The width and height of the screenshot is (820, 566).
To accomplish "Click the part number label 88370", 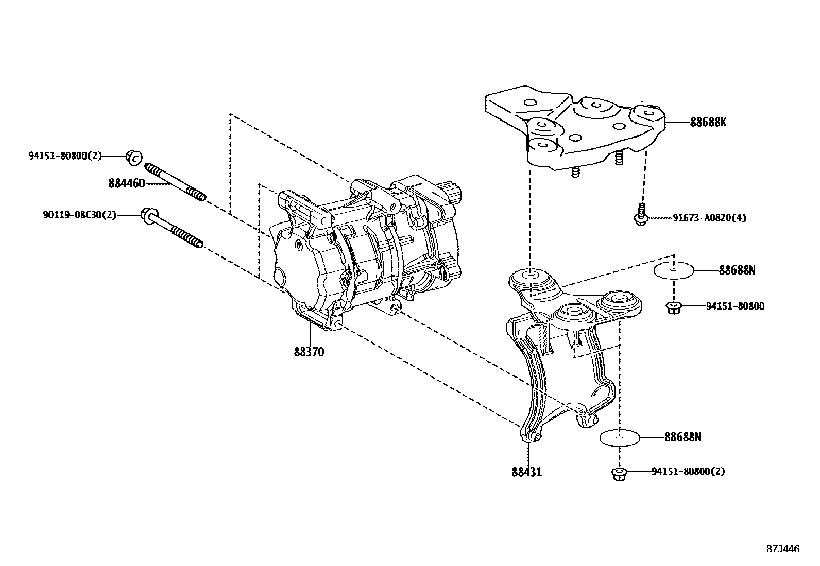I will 309,352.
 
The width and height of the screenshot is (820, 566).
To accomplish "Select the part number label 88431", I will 526,472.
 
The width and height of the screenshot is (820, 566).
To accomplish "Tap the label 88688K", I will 708,123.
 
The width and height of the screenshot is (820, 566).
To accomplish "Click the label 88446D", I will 127,183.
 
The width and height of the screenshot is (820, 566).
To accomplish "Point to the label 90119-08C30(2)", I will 79,215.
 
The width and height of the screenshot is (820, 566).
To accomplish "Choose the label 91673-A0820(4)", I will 709,218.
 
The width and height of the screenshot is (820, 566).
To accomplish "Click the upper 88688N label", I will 737,270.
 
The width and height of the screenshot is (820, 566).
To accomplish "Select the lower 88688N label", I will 682,437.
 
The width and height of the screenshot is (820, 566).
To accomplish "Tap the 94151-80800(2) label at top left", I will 65,156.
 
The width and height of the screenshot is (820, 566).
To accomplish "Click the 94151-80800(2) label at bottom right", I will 688,471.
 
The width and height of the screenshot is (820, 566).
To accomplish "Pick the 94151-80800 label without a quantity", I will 735,306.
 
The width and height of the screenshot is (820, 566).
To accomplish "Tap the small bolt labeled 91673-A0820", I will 640,215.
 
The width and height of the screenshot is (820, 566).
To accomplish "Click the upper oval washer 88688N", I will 673,270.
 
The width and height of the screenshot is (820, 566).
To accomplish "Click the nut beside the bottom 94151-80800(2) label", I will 619,473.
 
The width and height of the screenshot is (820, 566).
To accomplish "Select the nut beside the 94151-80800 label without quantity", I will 673,307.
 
